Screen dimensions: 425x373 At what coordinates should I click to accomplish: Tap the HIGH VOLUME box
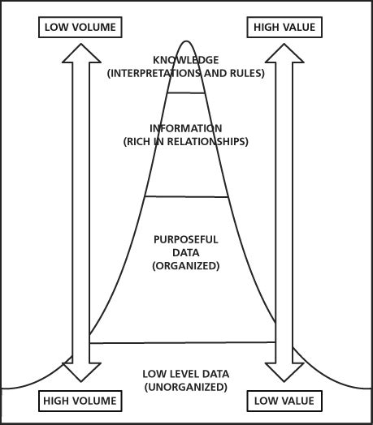[x=80, y=401]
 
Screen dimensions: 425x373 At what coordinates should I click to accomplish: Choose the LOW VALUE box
[x=284, y=401]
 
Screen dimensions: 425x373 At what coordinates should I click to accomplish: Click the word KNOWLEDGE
[x=186, y=60]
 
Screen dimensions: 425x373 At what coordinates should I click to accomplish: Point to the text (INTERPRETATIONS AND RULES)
[x=186, y=73]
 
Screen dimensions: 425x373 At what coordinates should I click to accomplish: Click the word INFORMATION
[x=186, y=128]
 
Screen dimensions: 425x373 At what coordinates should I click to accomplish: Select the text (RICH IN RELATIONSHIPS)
[x=186, y=141]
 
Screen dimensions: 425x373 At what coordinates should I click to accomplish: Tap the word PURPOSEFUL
[x=186, y=239]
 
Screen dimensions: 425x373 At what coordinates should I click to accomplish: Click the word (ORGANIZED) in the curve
[x=186, y=265]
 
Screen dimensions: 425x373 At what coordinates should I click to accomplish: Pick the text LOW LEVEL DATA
[x=186, y=373]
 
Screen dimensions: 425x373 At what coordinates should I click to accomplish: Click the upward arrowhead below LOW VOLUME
[x=80, y=54]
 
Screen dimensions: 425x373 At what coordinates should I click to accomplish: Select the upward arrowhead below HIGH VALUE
[x=284, y=54]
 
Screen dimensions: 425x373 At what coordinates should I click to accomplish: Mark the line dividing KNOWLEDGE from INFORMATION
[x=186, y=92]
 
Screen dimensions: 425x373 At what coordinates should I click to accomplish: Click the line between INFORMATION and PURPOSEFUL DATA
[x=186, y=196]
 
